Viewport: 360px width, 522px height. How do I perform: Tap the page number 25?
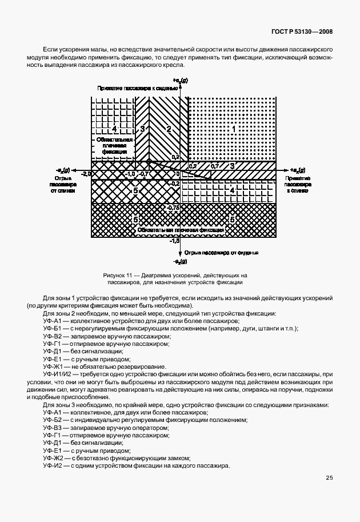(x=329, y=478)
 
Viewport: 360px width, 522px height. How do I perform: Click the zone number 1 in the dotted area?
(x=233, y=129)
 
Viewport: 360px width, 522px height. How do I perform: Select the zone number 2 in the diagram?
(x=169, y=129)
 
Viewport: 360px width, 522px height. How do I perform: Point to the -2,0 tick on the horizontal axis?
(x=86, y=173)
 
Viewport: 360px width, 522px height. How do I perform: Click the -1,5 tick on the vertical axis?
(x=174, y=242)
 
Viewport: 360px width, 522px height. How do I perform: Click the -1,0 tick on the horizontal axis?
(x=130, y=173)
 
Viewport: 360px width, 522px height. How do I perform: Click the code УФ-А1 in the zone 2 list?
(x=52, y=321)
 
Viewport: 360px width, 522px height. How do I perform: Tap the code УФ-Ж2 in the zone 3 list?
(x=52, y=458)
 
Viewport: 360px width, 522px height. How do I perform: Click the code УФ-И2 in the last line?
(x=52, y=465)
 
